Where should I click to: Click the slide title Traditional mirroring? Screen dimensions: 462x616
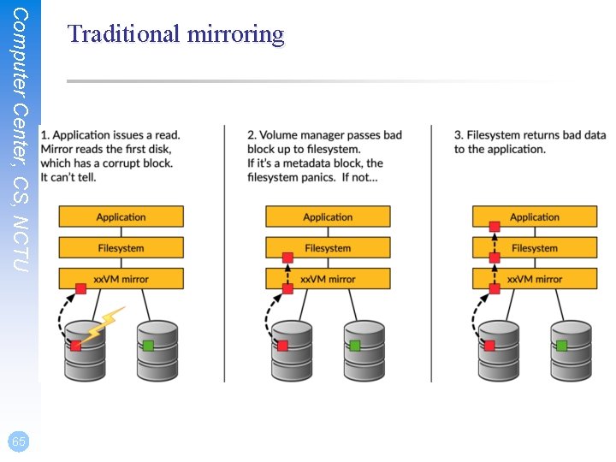coord(175,34)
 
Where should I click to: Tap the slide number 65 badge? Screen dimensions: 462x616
coord(19,441)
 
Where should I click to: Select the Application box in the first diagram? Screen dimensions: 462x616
coord(121,217)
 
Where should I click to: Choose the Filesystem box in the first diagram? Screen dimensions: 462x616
coord(121,248)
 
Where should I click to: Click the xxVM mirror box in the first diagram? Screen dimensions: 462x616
coord(121,279)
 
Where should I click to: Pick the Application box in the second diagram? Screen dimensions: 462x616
coord(328,217)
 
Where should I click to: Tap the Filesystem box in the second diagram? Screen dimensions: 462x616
coord(328,248)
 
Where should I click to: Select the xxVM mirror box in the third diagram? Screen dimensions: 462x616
coord(535,279)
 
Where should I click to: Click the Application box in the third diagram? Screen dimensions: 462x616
coord(535,217)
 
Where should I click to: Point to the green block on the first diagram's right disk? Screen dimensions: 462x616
coord(148,346)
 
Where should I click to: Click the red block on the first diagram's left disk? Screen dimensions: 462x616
coord(76,346)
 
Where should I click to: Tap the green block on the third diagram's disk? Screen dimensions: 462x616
coord(561,346)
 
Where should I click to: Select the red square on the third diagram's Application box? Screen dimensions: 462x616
coord(494,227)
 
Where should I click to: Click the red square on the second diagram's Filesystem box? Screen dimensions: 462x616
coord(287,258)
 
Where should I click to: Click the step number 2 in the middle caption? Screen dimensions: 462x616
coord(252,135)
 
